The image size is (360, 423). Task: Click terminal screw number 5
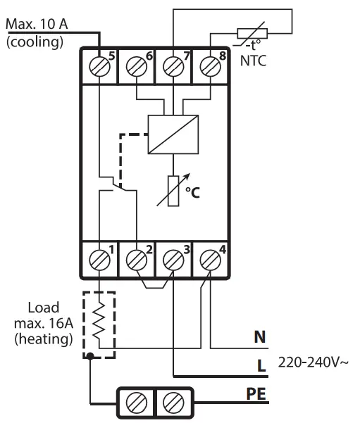point(101,69)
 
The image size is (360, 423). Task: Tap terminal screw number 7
point(170,69)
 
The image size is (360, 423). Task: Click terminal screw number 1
point(101,259)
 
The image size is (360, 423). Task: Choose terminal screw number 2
point(136,259)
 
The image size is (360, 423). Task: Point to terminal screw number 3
point(171,259)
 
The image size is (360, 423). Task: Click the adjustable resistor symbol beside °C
point(172,189)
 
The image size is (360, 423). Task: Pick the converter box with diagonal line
point(170,133)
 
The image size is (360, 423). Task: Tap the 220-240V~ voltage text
point(312,363)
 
